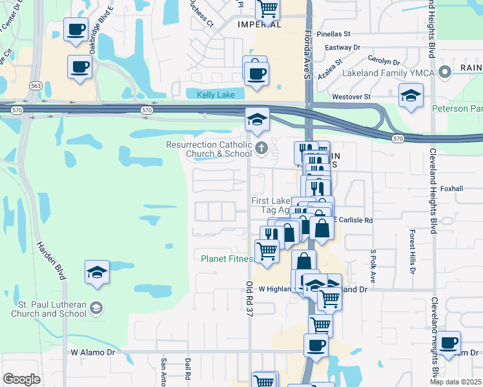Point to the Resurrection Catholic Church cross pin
[262, 149]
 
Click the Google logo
[21, 379]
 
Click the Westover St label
[351, 97]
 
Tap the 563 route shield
[36, 85]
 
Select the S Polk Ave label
[373, 266]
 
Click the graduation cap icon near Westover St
[411, 95]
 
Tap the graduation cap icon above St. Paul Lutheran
[97, 272]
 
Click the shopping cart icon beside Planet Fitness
[267, 251]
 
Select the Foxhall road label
[452, 188]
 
